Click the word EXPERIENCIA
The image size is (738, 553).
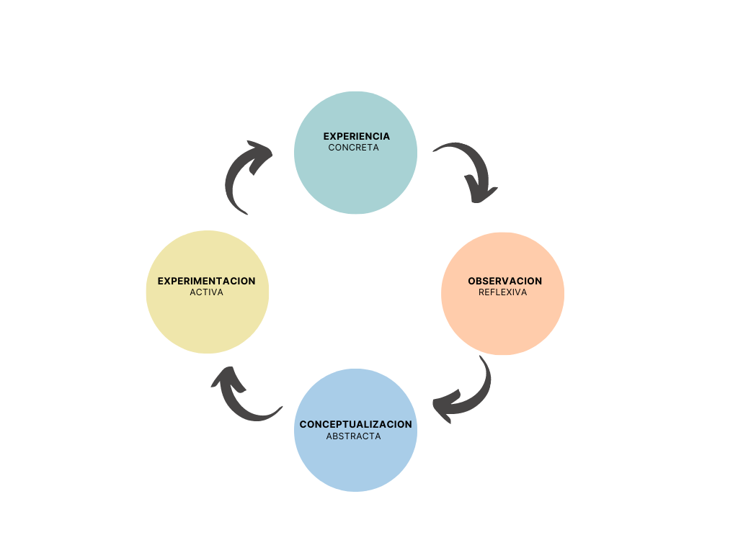(x=356, y=136)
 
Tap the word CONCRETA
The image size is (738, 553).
(x=353, y=148)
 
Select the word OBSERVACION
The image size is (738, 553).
(x=504, y=281)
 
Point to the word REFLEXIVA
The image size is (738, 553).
(x=502, y=292)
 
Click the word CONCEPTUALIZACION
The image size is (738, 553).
(x=356, y=424)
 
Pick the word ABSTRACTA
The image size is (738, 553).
(x=353, y=436)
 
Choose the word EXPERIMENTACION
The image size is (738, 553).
(x=206, y=281)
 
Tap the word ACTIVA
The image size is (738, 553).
(x=206, y=292)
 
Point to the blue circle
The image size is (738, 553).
(x=356, y=461)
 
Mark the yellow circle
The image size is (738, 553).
(x=207, y=320)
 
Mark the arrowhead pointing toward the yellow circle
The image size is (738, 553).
(x=226, y=378)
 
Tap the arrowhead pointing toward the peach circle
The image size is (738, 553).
(x=481, y=192)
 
